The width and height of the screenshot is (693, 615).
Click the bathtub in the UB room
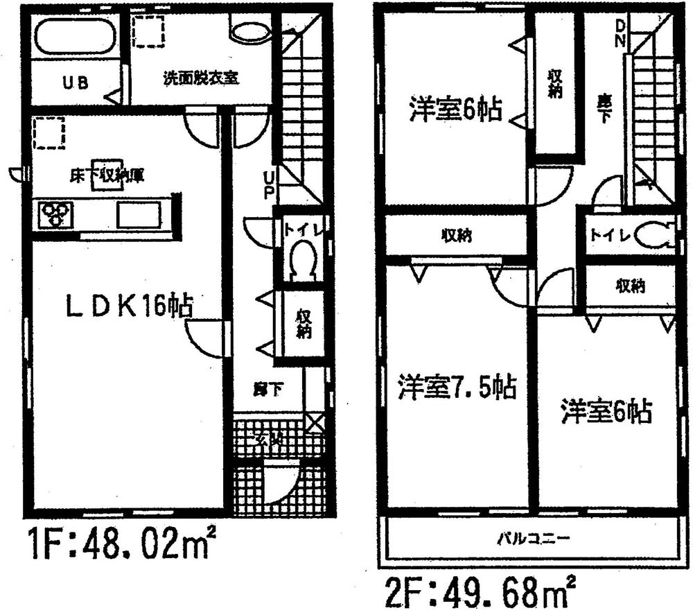(x=75, y=35)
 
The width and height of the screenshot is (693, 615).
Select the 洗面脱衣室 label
(x=201, y=78)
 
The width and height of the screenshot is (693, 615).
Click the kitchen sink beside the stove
(x=139, y=215)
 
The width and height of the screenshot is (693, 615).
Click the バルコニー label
(x=532, y=538)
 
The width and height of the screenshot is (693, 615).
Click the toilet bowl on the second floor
(x=654, y=235)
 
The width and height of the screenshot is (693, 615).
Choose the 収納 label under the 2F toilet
(x=630, y=286)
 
